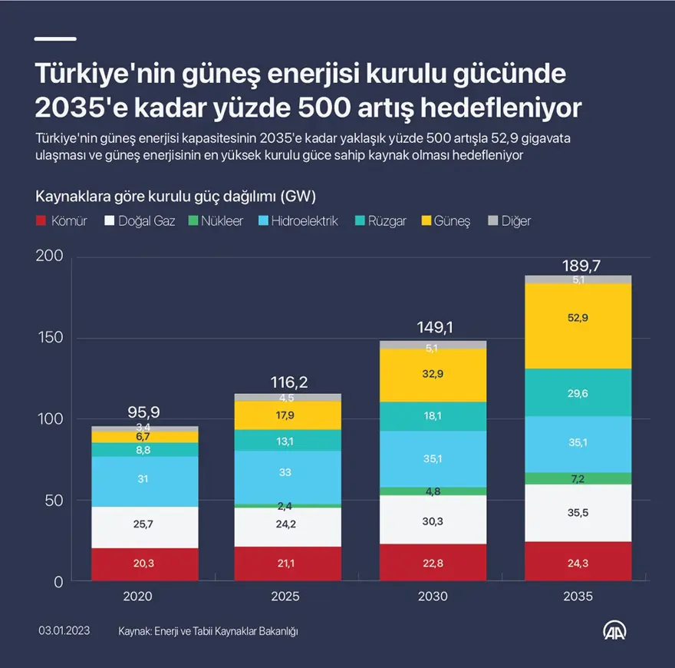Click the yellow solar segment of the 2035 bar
(578, 326)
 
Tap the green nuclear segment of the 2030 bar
(433, 491)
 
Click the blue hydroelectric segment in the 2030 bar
(433, 458)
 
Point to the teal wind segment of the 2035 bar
(578, 392)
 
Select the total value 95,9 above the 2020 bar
(144, 412)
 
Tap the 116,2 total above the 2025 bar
(289, 382)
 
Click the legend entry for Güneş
(446, 221)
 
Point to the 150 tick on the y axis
(51, 338)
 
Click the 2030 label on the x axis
(433, 597)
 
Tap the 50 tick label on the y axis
(54, 501)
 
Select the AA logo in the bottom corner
(615, 630)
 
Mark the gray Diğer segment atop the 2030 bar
(433, 346)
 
